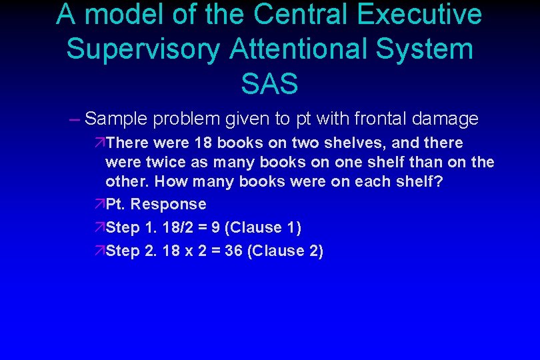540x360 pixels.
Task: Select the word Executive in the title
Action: (x=424, y=15)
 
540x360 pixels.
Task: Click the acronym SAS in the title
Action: (x=269, y=84)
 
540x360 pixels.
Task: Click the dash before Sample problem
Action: (x=73, y=119)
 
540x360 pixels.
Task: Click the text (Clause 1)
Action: (x=263, y=228)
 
